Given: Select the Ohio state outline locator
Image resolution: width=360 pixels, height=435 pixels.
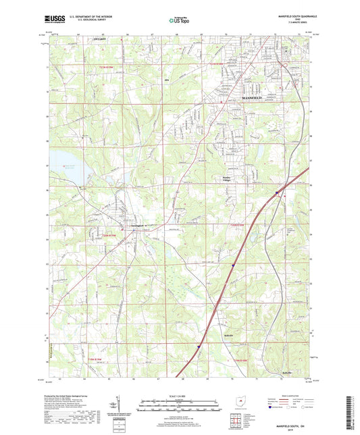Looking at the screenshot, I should (x=242, y=403).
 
